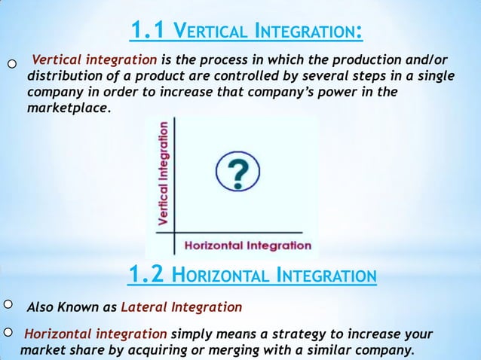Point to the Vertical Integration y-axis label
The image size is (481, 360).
(163, 173)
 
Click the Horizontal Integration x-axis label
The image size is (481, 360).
(247, 245)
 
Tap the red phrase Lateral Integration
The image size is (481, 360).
(181, 307)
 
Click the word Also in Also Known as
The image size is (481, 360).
(39, 307)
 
